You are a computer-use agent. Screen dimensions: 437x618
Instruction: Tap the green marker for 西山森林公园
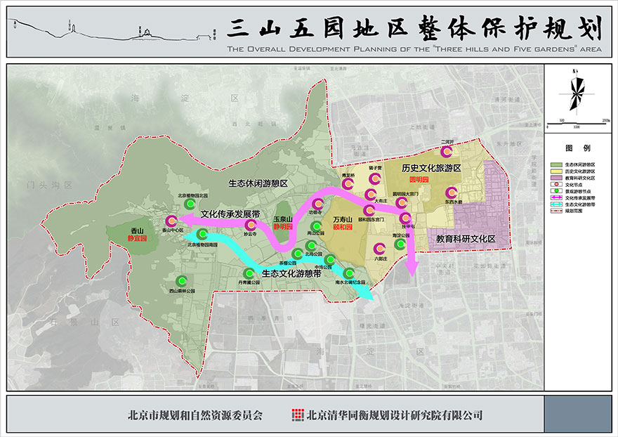click(183, 279)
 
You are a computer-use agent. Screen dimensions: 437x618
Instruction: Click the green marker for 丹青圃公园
click(247, 273)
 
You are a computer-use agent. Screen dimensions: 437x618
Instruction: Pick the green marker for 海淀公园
click(400, 244)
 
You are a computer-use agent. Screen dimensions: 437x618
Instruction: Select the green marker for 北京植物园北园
click(190, 203)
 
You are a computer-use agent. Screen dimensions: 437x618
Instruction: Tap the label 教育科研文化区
click(466, 239)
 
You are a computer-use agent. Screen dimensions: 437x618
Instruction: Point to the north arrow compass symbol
click(577, 95)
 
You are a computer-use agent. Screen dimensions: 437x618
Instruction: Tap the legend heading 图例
click(577, 148)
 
